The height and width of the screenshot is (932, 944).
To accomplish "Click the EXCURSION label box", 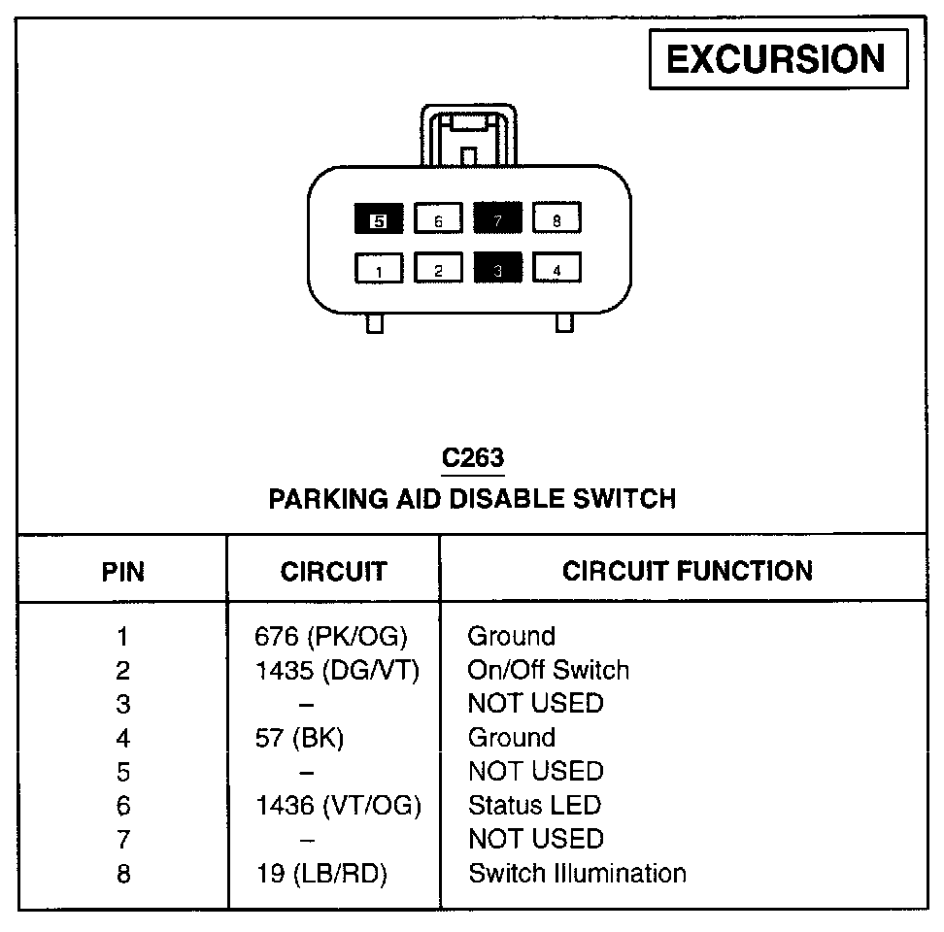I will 778,60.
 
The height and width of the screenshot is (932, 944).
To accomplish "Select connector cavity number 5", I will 379,220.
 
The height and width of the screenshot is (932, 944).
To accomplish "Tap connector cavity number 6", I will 438,220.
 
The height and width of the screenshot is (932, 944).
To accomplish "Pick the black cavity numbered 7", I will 497,220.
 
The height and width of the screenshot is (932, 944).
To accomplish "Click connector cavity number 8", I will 556,220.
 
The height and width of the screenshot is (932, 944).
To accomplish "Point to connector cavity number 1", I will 379,269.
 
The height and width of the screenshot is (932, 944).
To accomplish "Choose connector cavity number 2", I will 438,269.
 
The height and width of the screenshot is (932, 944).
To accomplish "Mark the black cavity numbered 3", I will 497,269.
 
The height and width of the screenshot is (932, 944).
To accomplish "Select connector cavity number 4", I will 556,269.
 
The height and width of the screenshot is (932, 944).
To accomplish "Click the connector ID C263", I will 472,457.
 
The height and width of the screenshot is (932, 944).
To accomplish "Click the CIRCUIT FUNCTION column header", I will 687,570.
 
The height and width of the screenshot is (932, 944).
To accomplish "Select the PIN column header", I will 123,571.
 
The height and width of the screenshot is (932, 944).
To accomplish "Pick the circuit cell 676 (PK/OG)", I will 331,637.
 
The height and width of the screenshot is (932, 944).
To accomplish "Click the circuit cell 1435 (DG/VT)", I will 335,671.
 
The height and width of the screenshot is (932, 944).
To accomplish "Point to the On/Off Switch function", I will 548,671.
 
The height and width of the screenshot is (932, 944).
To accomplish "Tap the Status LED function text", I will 534,805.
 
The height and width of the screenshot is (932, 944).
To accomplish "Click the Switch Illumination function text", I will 577,873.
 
